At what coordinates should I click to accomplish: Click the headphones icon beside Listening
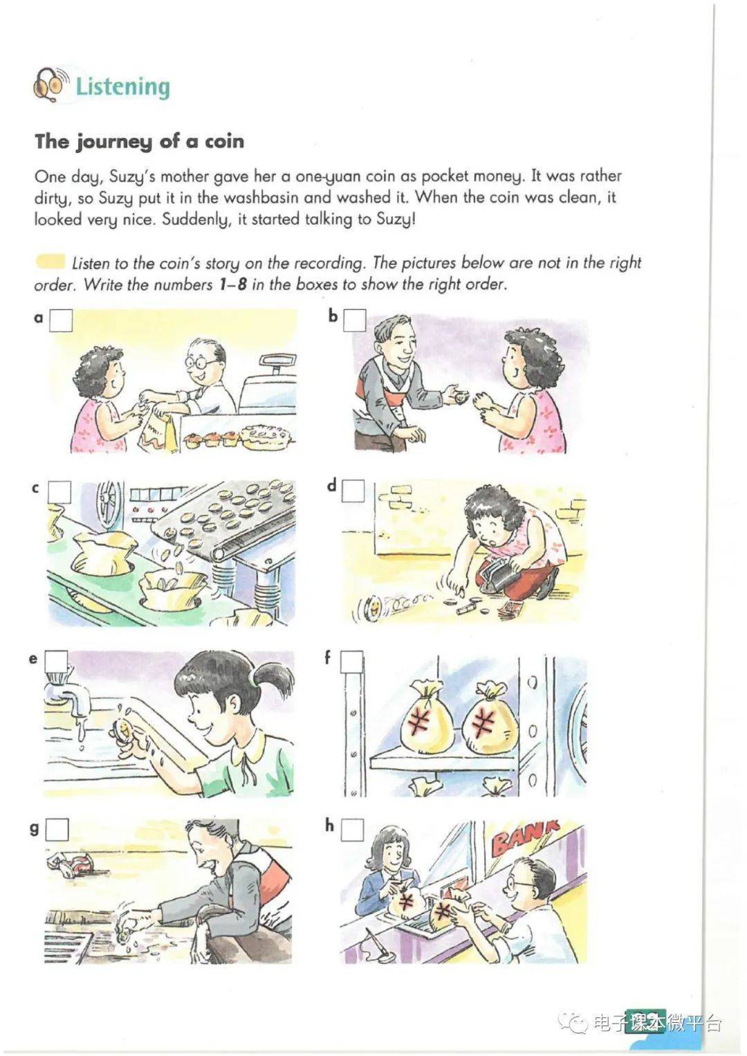[50, 84]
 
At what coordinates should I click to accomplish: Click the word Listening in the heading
[122, 87]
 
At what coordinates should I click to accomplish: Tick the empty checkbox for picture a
[62, 320]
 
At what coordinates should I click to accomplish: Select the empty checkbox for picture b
[354, 320]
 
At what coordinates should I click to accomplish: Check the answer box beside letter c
[60, 492]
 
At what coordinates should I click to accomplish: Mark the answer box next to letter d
[353, 491]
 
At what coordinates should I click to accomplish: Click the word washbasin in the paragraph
[261, 197]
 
